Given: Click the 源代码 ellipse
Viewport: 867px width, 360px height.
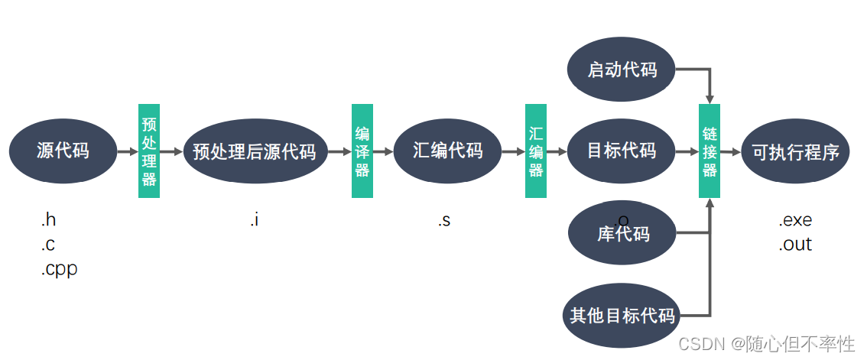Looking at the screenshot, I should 63,151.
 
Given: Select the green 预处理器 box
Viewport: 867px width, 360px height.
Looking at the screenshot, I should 149,151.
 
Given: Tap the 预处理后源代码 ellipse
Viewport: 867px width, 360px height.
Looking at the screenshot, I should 255,151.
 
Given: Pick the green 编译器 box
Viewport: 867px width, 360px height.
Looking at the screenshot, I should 362,151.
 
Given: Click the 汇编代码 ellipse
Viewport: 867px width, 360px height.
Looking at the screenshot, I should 448,151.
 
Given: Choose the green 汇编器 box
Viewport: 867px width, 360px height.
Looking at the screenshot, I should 536,151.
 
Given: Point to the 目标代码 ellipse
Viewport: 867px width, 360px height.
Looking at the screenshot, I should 622,151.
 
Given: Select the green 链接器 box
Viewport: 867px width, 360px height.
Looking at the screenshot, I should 710,151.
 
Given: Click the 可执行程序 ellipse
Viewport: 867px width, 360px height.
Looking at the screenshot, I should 795,151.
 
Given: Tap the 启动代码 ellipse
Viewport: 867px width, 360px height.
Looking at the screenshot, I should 622,70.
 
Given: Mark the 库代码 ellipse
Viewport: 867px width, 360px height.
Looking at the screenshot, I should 622,232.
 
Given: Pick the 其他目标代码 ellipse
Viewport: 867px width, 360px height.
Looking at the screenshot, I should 622,315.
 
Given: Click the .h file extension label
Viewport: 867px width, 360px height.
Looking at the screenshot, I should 48,220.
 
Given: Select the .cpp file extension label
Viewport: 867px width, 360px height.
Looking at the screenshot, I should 59,269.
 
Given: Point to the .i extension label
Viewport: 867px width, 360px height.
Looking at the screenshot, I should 255,220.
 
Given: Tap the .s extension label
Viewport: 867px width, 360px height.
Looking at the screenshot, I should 444,220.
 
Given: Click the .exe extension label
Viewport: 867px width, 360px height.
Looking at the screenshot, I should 795,220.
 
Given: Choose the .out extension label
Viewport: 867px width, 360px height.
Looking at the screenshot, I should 795,245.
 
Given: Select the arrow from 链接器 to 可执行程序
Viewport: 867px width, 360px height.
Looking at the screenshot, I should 730,151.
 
